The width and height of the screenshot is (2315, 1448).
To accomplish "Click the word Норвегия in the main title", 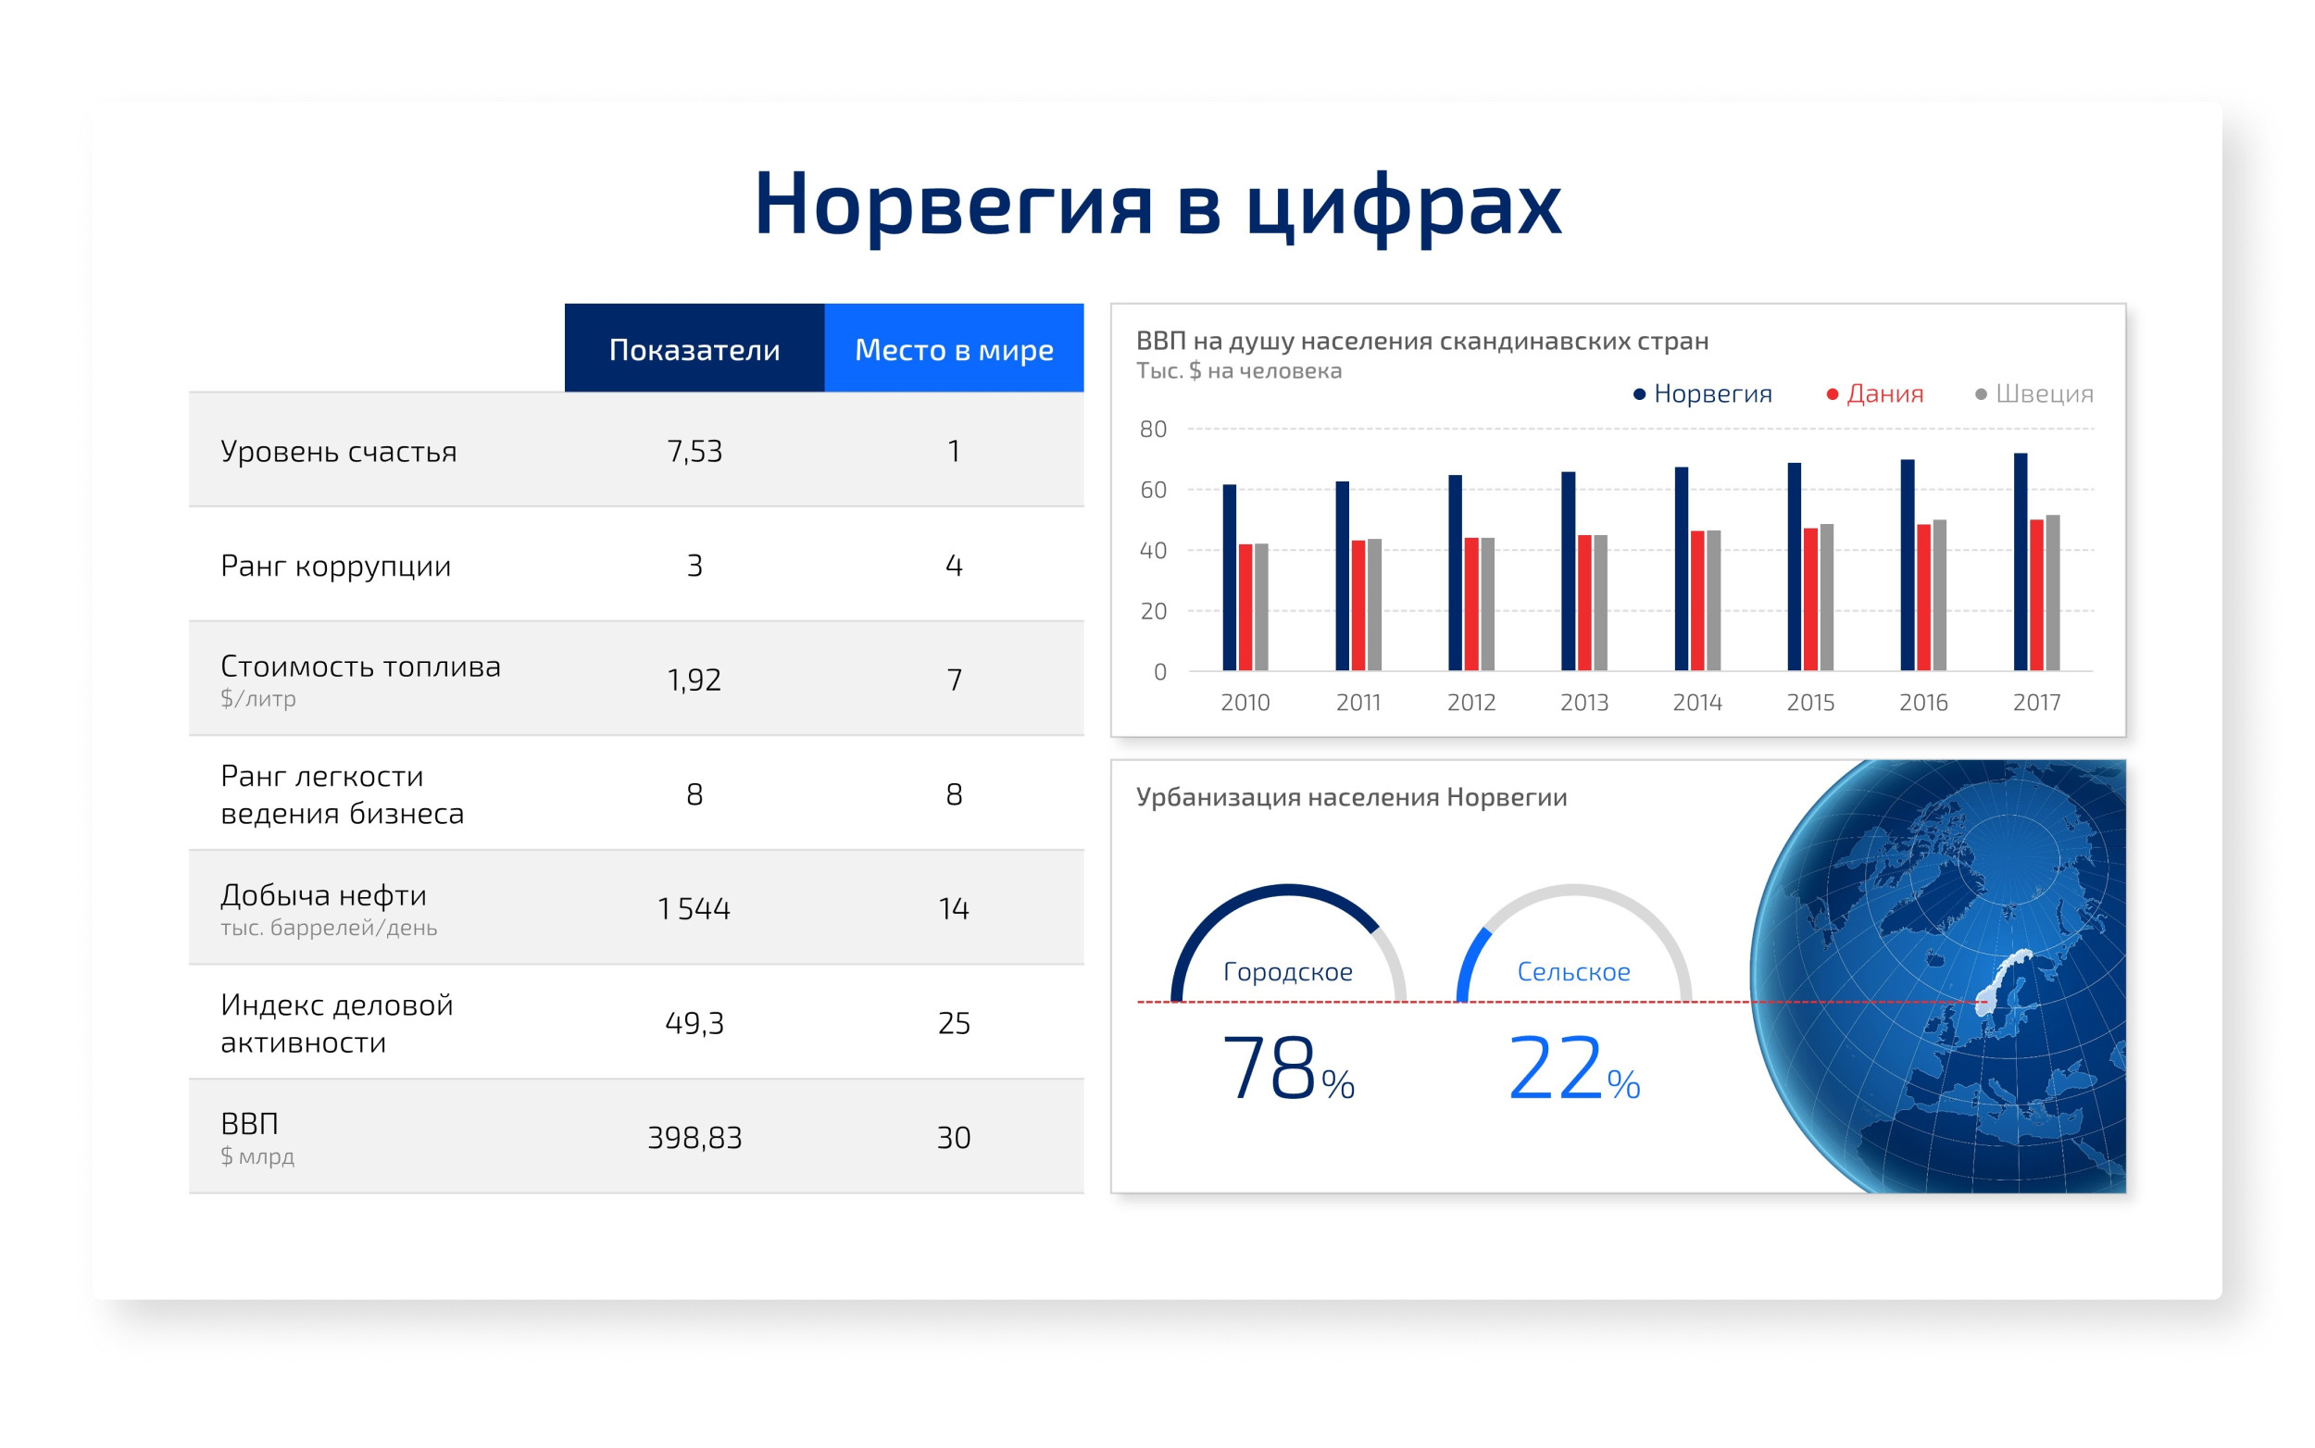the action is [953, 206].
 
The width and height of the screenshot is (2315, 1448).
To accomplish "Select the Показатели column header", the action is [694, 349].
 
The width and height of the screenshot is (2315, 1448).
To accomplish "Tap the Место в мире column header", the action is [954, 349].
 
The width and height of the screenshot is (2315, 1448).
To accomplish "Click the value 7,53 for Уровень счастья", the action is [694, 451].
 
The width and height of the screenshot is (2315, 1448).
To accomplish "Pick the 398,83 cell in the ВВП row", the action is [694, 1137].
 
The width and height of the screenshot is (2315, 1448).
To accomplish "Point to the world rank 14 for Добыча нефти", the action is [954, 908].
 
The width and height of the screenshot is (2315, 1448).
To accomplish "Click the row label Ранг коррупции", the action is [335, 566].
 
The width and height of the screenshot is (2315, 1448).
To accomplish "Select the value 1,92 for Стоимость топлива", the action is [694, 680].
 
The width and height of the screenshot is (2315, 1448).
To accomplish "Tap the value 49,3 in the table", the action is [694, 1023].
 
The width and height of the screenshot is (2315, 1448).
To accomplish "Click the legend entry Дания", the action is [1874, 393].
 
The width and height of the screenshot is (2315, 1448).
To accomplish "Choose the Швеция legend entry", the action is [2034, 393].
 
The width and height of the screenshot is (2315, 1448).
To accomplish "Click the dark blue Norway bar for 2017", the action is [2020, 561].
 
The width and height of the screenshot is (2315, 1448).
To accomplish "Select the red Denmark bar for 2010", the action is [1245, 607].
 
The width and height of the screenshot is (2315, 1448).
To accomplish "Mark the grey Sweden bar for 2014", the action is [1713, 601].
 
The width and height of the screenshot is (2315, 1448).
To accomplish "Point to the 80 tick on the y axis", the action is [1153, 429].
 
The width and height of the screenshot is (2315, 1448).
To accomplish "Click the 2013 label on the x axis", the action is [1584, 702].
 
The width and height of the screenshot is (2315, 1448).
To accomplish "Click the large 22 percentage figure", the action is [1555, 1067].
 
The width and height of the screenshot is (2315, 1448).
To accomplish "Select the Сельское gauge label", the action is [1573, 971].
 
